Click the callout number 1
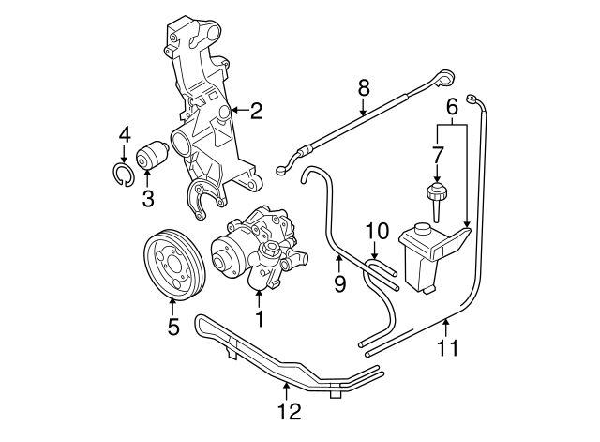pyautogui.click(x=259, y=320)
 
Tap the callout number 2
pyautogui.click(x=256, y=112)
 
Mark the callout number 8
pyautogui.click(x=364, y=89)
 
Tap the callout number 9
pyautogui.click(x=339, y=282)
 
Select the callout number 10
pyautogui.click(x=375, y=230)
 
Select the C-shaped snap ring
pyautogui.click(x=123, y=175)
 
